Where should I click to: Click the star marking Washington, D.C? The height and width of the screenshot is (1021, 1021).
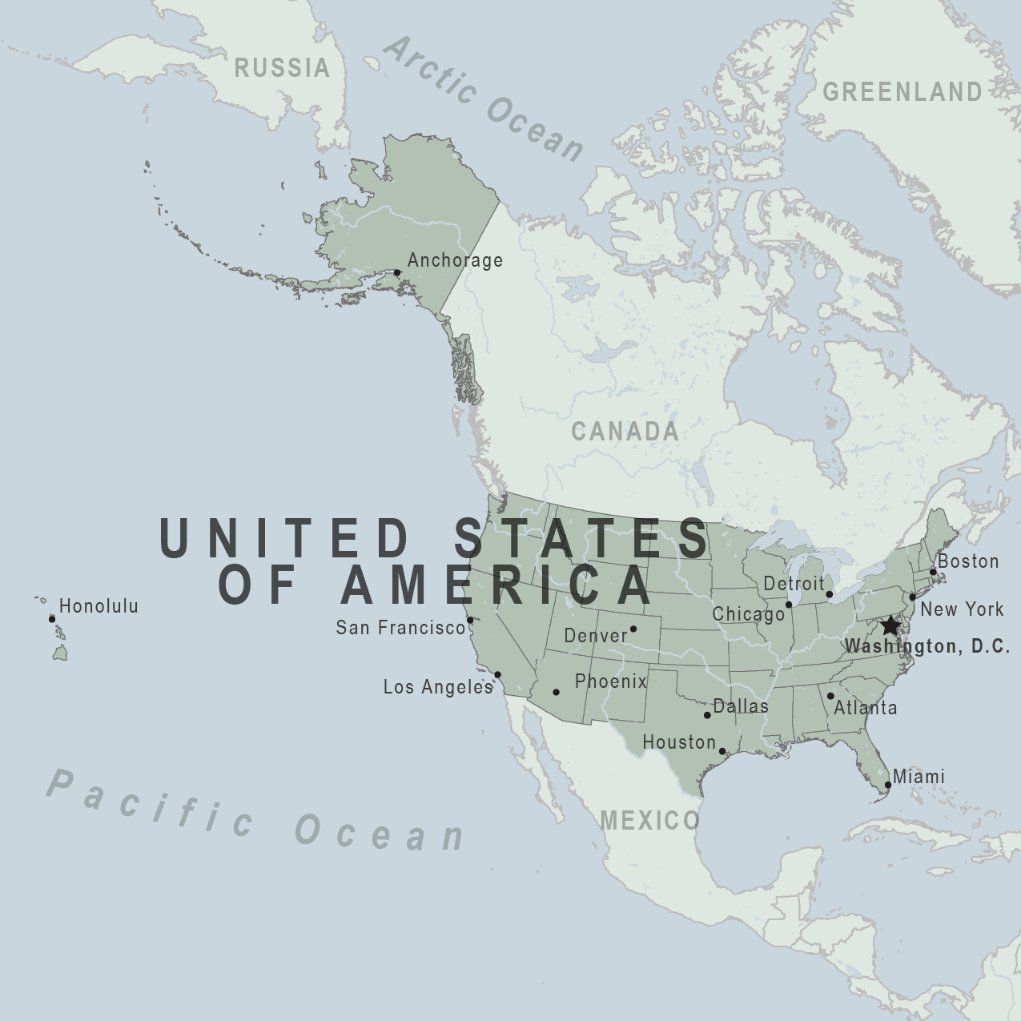tap(890, 625)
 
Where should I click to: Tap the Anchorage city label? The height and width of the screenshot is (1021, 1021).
tap(455, 260)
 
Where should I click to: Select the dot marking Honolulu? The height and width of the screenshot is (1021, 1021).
tap(52, 619)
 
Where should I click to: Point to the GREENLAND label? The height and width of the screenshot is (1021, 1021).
tap(902, 92)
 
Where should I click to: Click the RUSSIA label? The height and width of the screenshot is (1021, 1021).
tap(282, 68)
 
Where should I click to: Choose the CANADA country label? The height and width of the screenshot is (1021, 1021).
tap(625, 432)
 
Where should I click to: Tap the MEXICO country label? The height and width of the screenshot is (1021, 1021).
tap(649, 820)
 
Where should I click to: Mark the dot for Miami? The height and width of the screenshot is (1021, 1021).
tap(887, 785)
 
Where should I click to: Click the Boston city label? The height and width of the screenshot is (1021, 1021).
tap(968, 561)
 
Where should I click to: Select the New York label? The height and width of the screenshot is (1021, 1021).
tap(962, 609)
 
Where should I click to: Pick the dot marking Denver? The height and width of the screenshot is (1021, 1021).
tap(633, 629)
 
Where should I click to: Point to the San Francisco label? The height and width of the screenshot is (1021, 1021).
tap(400, 628)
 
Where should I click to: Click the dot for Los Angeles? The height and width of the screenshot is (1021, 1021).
tap(497, 674)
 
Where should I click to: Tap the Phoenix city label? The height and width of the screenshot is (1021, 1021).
tap(610, 681)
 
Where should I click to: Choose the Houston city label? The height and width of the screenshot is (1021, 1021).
tap(679, 742)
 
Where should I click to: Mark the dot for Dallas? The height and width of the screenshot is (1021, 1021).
tap(707, 715)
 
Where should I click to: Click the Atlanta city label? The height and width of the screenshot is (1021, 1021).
tap(866, 708)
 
